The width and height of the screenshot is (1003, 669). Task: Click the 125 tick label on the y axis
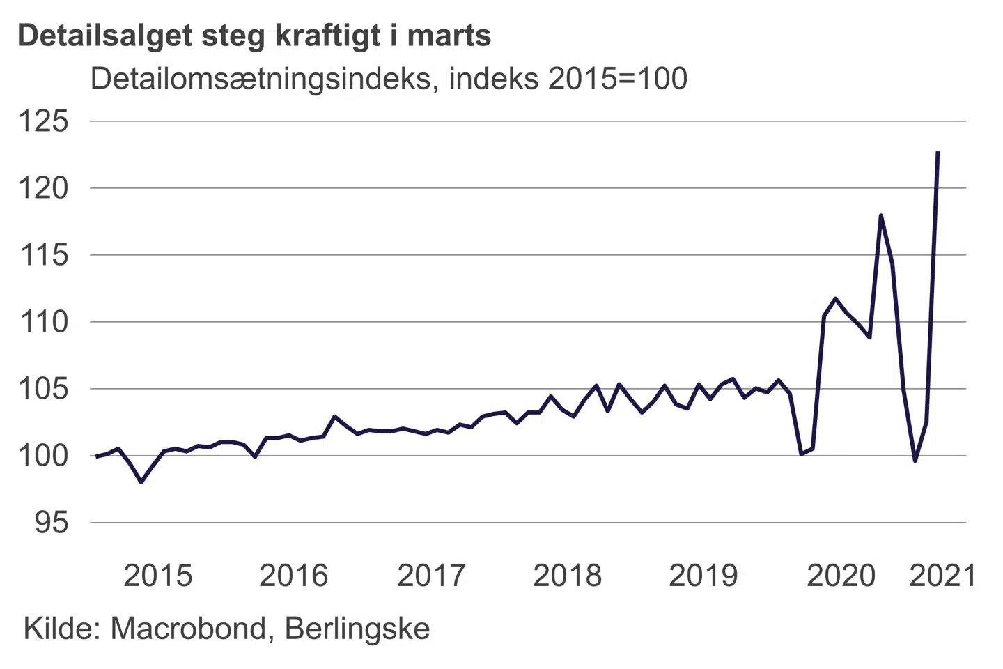click(43, 121)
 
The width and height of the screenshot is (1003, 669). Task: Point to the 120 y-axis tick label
click(43, 188)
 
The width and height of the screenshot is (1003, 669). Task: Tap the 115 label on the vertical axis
click(43, 255)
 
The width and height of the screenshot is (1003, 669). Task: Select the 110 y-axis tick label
click(43, 322)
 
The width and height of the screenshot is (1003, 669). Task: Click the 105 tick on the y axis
click(43, 389)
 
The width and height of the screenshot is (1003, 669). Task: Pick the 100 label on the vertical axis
click(43, 456)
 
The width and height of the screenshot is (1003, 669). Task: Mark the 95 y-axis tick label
click(52, 523)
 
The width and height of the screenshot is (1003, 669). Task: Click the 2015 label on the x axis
click(157, 576)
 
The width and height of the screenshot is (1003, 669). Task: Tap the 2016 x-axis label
click(293, 576)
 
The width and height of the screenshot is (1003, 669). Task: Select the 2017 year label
click(431, 576)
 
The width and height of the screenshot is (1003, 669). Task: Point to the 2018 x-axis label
click(567, 576)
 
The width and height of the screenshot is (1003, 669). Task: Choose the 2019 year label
click(703, 576)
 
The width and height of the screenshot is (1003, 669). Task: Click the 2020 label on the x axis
click(841, 576)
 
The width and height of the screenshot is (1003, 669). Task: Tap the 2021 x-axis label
click(942, 576)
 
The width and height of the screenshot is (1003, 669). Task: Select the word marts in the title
click(449, 36)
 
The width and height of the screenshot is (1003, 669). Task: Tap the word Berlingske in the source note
click(357, 629)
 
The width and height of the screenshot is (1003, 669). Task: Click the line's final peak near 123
click(938, 152)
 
